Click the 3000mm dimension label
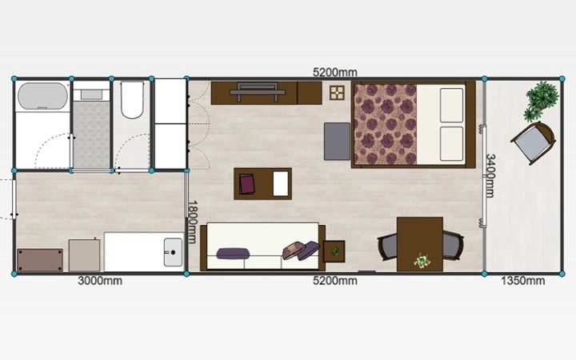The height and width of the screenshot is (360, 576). [x=100, y=281]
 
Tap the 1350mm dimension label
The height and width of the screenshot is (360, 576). [x=522, y=281]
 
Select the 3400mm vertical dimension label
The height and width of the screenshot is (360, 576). [x=490, y=175]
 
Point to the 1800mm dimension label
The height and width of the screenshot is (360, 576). [x=192, y=222]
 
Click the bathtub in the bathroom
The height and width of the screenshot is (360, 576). [x=43, y=96]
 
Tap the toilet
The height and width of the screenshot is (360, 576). [x=131, y=100]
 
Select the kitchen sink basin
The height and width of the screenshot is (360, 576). [x=173, y=252]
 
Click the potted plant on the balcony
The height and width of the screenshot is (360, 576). [x=541, y=100]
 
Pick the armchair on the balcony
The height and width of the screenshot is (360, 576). [x=533, y=142]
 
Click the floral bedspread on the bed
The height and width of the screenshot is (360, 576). [x=385, y=124]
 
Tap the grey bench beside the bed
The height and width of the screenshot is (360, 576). [x=337, y=142]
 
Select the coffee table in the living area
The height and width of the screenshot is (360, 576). [x=262, y=184]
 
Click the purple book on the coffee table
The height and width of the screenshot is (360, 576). [x=247, y=184]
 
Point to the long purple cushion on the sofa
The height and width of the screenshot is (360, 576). [x=233, y=254]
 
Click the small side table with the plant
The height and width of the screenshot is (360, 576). [x=334, y=252]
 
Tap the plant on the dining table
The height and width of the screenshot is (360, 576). [x=422, y=261]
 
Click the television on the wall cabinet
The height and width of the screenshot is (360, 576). [x=257, y=92]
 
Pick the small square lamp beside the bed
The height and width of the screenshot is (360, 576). [x=337, y=93]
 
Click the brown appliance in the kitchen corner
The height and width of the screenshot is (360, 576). [x=40, y=261]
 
